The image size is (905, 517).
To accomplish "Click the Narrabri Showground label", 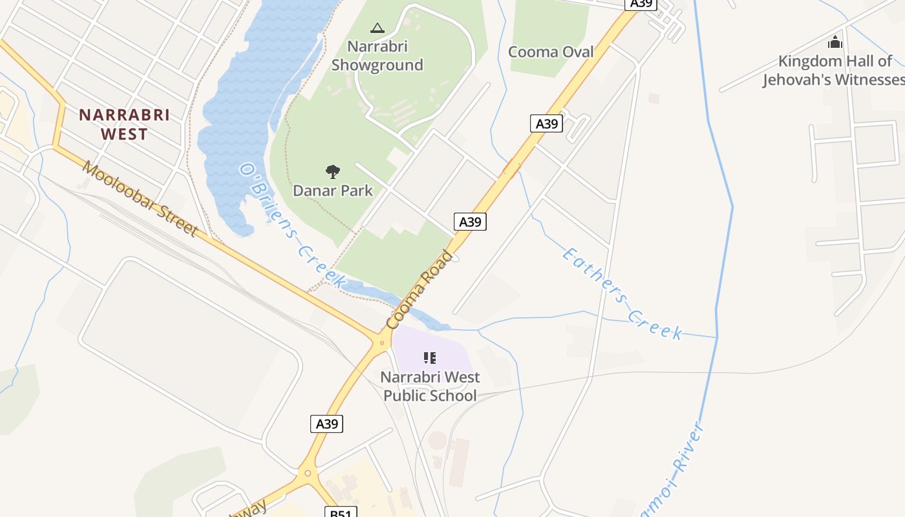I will [377, 56].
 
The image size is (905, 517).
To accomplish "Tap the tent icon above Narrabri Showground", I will [377, 28].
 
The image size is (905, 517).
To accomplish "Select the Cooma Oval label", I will [551, 52].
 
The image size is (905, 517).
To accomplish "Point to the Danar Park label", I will [333, 190].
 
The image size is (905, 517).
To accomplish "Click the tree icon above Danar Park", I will [333, 172].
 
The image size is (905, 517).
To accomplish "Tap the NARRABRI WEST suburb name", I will [123, 125].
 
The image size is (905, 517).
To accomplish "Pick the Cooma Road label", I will [420, 289].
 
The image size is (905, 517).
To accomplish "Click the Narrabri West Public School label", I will [430, 386].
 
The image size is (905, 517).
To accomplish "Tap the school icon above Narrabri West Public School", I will [430, 357].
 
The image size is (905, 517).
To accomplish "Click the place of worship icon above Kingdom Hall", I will [835, 43].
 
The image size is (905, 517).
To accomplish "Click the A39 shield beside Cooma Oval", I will [546, 123].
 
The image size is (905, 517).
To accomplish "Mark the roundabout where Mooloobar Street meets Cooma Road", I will [382, 343].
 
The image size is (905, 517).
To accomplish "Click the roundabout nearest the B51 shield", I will [308, 474].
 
